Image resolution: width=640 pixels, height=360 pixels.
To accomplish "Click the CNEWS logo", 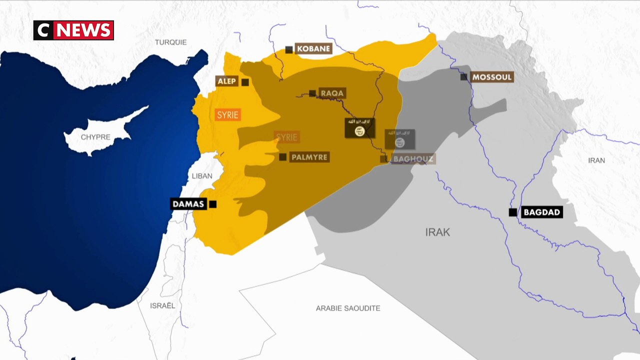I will pyautogui.click(x=73, y=30).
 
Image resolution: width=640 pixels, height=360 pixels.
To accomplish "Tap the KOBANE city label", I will pyautogui.click(x=313, y=48).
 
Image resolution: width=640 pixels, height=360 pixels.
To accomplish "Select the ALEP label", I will pyautogui.click(x=227, y=81).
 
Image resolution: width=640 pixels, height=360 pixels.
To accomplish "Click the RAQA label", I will pyautogui.click(x=332, y=93).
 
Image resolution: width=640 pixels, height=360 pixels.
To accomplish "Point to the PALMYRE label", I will pyautogui.click(x=309, y=157).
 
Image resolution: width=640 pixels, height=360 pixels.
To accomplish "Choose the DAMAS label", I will pyautogui.click(x=188, y=204).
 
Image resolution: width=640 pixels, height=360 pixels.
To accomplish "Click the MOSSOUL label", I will pyautogui.click(x=492, y=77).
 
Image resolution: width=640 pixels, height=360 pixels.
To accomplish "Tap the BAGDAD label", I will pyautogui.click(x=541, y=212).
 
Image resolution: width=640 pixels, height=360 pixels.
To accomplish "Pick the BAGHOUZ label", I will pyautogui.click(x=413, y=159).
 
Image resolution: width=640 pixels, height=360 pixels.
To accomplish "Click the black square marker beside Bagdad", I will pyautogui.click(x=512, y=212).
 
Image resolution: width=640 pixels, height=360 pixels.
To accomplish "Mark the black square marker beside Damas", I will pyautogui.click(x=213, y=204).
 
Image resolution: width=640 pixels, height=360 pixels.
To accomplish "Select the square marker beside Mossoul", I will pyautogui.click(x=464, y=77).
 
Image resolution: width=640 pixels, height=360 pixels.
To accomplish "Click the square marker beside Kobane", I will pyautogui.click(x=289, y=49).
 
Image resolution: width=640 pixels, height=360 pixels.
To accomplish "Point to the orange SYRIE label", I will pyautogui.click(x=228, y=114).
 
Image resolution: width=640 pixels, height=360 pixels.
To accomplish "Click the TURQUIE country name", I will pyautogui.click(x=170, y=42).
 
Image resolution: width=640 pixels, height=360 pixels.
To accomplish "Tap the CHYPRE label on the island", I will pyautogui.click(x=95, y=137).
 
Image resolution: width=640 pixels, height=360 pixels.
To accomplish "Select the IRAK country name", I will pyautogui.click(x=437, y=232).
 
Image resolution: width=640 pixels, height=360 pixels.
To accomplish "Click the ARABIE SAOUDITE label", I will pyautogui.click(x=348, y=308).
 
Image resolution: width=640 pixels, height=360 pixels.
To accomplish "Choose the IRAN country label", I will pyautogui.click(x=596, y=160).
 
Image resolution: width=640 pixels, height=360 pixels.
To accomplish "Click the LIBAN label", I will pyautogui.click(x=202, y=176).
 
